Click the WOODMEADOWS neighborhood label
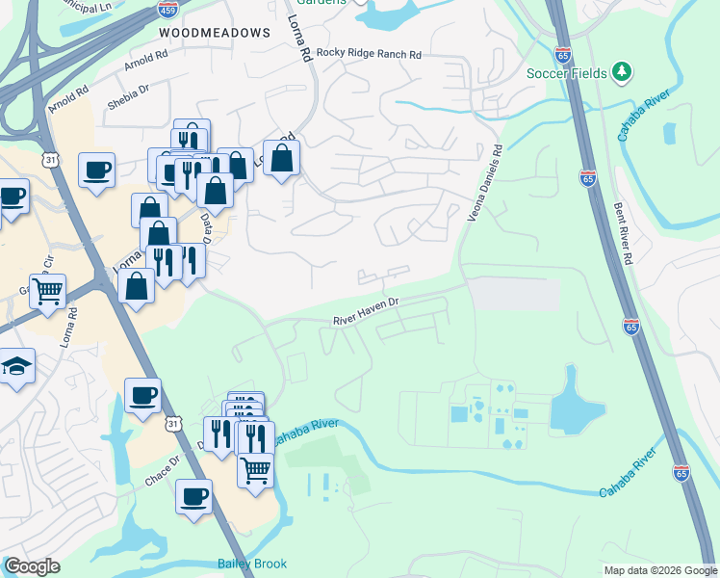click(215, 33)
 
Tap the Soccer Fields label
click(567, 73)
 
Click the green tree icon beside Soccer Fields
click(622, 71)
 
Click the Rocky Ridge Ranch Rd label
click(369, 55)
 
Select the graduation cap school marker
click(16, 366)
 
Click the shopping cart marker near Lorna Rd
click(47, 289)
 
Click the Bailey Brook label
click(253, 564)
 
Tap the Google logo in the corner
click(32, 566)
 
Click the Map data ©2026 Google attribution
click(660, 570)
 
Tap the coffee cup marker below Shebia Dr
click(96, 170)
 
